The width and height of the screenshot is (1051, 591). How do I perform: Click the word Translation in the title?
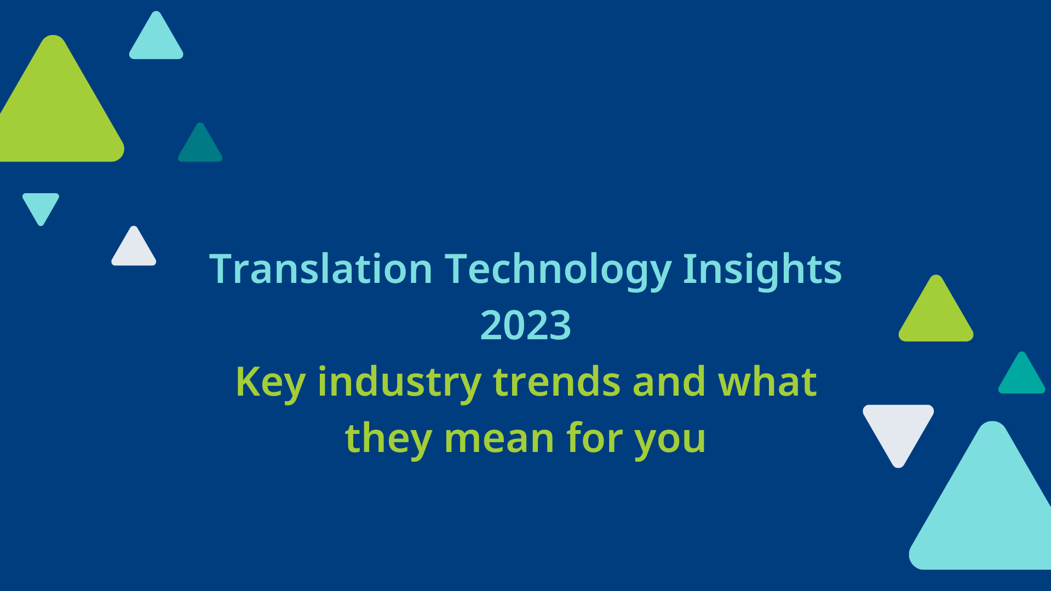321,269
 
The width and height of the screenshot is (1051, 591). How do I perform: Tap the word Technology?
558,269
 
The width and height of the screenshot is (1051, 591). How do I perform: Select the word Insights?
762,269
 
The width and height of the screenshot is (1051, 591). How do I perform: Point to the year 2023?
525,325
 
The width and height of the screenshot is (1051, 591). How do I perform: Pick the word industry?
399,382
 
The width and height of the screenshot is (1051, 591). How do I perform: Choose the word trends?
556,382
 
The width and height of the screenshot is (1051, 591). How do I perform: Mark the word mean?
499,439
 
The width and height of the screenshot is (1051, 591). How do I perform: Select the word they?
388,439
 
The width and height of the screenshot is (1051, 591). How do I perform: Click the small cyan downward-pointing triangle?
41,206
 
